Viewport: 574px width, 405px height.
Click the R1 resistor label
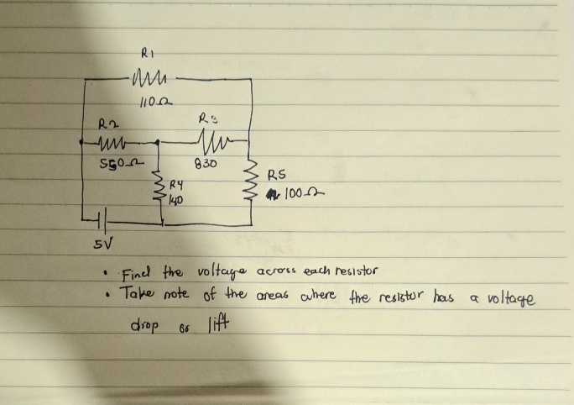point(145,52)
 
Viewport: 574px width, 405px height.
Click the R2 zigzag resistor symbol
point(112,142)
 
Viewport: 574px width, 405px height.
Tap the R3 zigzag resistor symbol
point(206,138)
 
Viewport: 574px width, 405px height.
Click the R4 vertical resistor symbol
point(161,192)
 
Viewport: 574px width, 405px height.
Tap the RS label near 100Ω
point(278,176)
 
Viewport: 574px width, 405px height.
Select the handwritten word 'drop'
point(145,325)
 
